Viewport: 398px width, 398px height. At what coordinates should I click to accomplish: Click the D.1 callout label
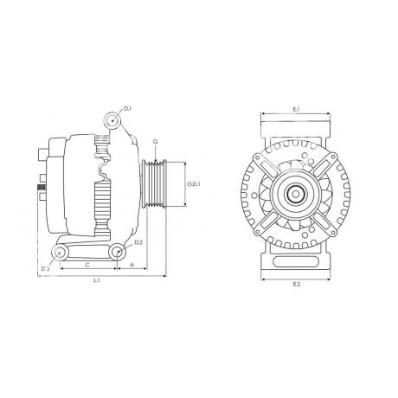[x=128, y=108]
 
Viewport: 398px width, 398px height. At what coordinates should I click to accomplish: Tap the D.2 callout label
[x=138, y=242]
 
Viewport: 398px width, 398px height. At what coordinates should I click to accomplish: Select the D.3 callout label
[x=45, y=269]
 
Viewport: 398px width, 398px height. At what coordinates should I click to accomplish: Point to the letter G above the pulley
[x=156, y=142]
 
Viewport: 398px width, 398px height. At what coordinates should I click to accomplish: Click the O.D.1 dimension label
[x=194, y=184]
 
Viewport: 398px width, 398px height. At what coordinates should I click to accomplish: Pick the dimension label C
[x=88, y=265]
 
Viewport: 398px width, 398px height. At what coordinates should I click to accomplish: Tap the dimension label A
[x=132, y=265]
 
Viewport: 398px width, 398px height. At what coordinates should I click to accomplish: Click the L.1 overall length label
[x=97, y=280]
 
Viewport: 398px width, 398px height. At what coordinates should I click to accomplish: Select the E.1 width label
[x=297, y=109]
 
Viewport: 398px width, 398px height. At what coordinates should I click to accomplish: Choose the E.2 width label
[x=297, y=284]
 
